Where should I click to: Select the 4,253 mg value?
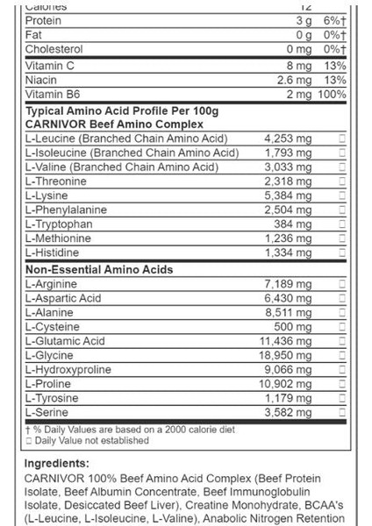coord(288,139)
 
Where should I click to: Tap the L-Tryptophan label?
coord(58,224)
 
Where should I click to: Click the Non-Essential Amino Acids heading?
coord(98,270)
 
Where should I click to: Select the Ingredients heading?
coord(57,463)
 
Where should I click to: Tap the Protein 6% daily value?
coord(334,20)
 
